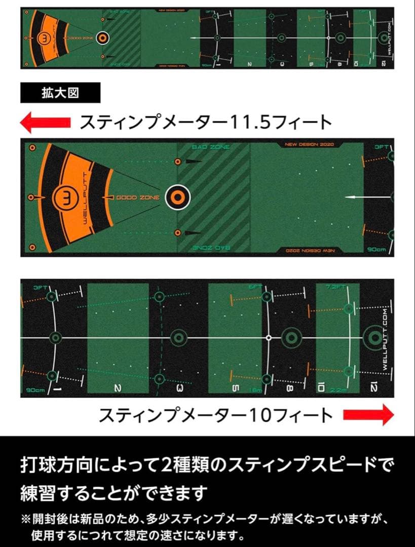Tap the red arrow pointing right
tap(368, 415)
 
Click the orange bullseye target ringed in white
tap(177, 197)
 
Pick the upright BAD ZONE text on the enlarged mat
tap(211, 147)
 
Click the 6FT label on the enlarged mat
tap(255, 287)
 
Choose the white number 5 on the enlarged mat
tap(235, 388)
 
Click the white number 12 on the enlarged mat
tap(374, 388)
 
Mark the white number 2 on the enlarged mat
tap(118, 388)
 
